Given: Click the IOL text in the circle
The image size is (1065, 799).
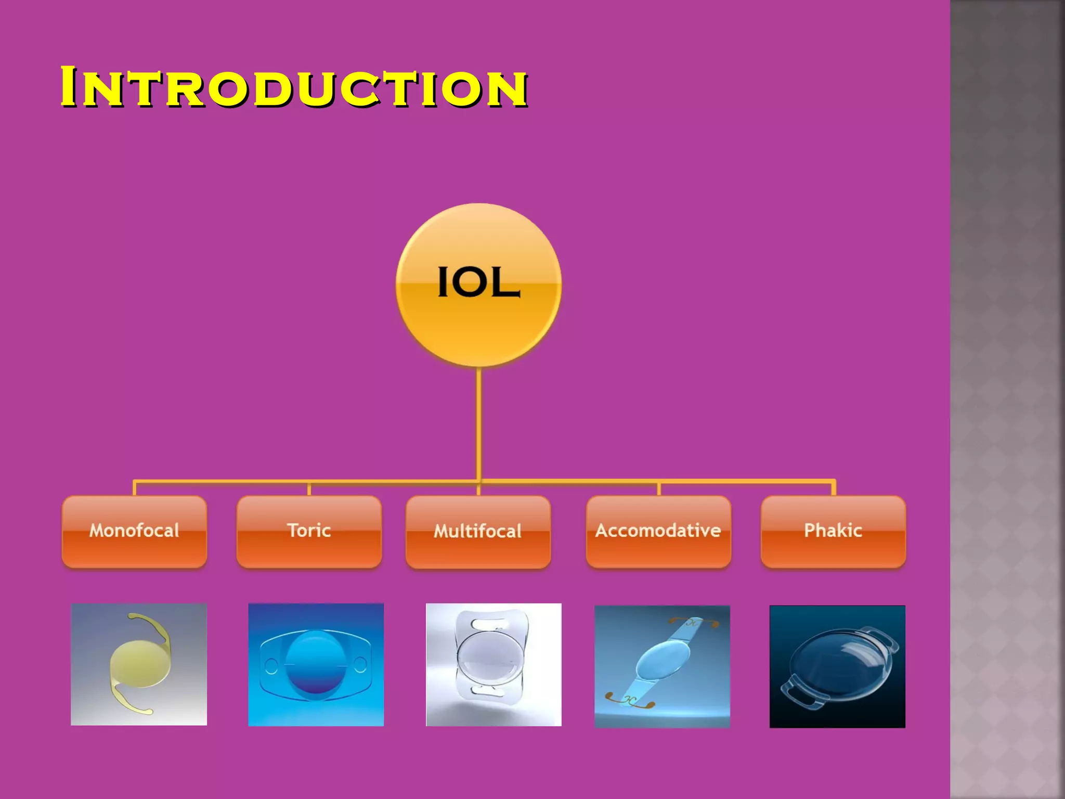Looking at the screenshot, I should coord(478,282).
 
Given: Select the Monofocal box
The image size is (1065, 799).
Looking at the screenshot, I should coord(134,531).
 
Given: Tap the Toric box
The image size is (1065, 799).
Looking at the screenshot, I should coord(309,531).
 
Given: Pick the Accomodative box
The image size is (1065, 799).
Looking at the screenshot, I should coord(658,531).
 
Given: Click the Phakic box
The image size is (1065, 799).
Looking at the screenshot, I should coord(833,531).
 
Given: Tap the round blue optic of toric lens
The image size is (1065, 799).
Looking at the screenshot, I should coord(316,663).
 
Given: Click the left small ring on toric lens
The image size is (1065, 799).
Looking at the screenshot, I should coord(271,665).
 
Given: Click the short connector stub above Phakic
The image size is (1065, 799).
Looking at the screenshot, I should coord(834,488).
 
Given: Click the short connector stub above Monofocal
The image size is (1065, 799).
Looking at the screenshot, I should coord(135,488).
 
